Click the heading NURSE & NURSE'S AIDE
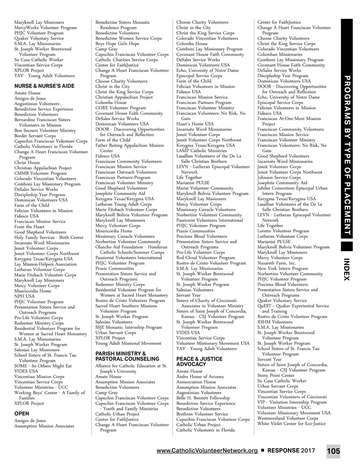44,86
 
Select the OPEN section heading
22,414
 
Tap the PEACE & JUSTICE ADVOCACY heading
199,361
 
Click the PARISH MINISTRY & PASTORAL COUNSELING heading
127,356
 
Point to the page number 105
333,451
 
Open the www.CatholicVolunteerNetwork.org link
207,451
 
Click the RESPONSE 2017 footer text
291,450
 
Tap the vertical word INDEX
347,269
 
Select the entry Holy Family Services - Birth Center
49,238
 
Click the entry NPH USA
25,296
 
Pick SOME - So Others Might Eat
43,366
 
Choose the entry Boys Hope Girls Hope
117,44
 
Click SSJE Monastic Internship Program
129,327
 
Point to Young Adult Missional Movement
128,343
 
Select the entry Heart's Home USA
195,124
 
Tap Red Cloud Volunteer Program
206,258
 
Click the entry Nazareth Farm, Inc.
277,263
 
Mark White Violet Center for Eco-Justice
291,424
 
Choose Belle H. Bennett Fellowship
203,398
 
